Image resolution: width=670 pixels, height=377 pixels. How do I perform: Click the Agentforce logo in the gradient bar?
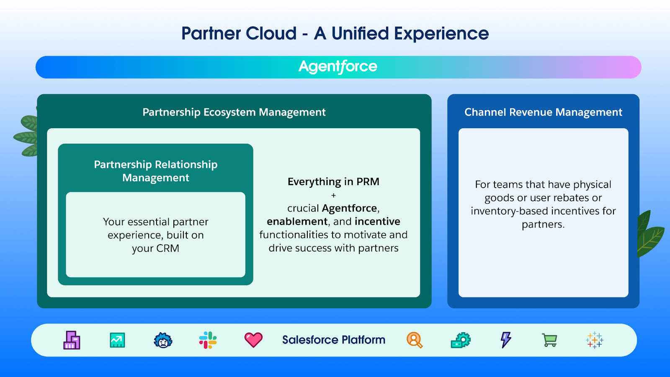pos(338,67)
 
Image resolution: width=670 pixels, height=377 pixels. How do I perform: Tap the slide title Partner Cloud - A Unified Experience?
pos(335,34)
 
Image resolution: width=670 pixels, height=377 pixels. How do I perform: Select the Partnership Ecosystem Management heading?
pos(234,112)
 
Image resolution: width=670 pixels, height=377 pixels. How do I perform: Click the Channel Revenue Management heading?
pos(543,112)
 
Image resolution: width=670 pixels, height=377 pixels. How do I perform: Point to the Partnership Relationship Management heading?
pos(156,171)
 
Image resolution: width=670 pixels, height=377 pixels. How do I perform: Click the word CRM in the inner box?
pos(168,248)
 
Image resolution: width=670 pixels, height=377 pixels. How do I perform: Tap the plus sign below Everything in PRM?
pos(333,195)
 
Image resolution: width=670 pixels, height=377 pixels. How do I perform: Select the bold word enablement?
pos(297,222)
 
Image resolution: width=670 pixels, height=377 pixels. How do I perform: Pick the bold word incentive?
pos(377,222)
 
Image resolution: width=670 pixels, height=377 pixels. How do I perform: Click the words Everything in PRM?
pos(333,182)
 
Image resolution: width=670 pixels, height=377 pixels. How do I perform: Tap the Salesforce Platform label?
pos(334,340)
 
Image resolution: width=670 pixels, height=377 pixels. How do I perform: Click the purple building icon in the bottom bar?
pos(72,340)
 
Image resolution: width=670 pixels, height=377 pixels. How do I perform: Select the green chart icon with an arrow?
pos(117,340)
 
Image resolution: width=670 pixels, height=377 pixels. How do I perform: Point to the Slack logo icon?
pos(208,340)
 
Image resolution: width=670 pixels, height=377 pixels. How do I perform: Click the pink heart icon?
pos(253,340)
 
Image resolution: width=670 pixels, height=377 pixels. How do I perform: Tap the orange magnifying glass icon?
pos(415,340)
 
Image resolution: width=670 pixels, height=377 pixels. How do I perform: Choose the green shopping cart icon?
pos(549,340)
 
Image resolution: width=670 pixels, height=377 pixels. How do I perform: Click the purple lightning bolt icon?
pos(506,340)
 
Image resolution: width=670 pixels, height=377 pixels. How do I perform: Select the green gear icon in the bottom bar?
pos(461,340)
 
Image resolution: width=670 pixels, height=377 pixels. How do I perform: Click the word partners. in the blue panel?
pos(543,225)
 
